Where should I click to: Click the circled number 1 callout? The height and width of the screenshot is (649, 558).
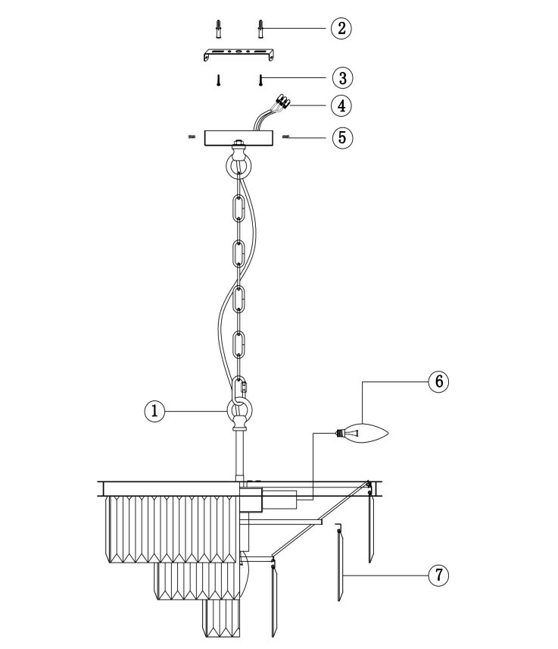coord(154,411)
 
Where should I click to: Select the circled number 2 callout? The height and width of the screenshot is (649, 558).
coord(341,29)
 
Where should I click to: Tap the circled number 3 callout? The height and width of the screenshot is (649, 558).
coord(343,78)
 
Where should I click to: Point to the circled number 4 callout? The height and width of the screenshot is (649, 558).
coord(341,105)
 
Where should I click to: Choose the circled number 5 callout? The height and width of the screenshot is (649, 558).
coord(343,137)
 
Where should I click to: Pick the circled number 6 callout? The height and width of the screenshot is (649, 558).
coord(438,381)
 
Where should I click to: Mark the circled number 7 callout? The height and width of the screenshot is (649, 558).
coord(438,575)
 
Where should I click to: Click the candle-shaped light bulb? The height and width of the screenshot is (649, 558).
coord(362,434)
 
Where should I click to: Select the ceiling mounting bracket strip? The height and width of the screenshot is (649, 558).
coord(239,54)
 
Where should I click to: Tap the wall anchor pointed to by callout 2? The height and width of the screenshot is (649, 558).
coord(260,29)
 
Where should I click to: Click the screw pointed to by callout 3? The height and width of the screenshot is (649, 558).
coord(260,80)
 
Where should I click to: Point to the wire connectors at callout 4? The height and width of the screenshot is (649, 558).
coord(282,101)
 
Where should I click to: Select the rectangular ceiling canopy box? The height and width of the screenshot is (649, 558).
coord(239,138)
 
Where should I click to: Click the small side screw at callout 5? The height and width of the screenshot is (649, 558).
coord(286,136)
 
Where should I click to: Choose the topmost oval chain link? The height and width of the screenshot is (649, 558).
coord(238,208)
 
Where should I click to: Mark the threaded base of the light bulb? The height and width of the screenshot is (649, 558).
coord(340,434)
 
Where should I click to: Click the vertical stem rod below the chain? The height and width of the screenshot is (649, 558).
coord(239,456)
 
